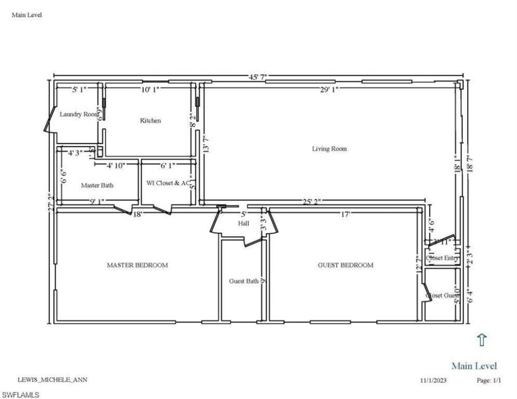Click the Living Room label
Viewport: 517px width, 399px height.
(329, 149)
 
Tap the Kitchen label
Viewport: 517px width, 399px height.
(150, 121)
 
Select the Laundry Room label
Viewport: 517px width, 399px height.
(79, 114)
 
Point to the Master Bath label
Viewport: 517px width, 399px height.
(97, 185)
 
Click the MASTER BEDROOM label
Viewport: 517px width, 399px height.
(137, 265)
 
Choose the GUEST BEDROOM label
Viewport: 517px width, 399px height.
(345, 265)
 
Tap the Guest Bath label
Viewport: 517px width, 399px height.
(244, 281)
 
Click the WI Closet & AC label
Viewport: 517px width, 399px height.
(168, 183)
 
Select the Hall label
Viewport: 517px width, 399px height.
(243, 223)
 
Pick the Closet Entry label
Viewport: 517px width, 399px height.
(442, 258)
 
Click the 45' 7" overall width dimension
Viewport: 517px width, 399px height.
(257, 76)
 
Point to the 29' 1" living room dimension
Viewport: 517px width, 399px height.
(328, 89)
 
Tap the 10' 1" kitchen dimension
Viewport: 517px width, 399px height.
(150, 89)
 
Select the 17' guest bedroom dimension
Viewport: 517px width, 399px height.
(345, 214)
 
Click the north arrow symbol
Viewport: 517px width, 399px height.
(482, 340)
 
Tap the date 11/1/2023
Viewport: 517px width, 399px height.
(433, 380)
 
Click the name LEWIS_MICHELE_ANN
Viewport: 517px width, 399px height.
(48, 379)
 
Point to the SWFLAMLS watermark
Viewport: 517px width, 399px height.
(20, 394)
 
